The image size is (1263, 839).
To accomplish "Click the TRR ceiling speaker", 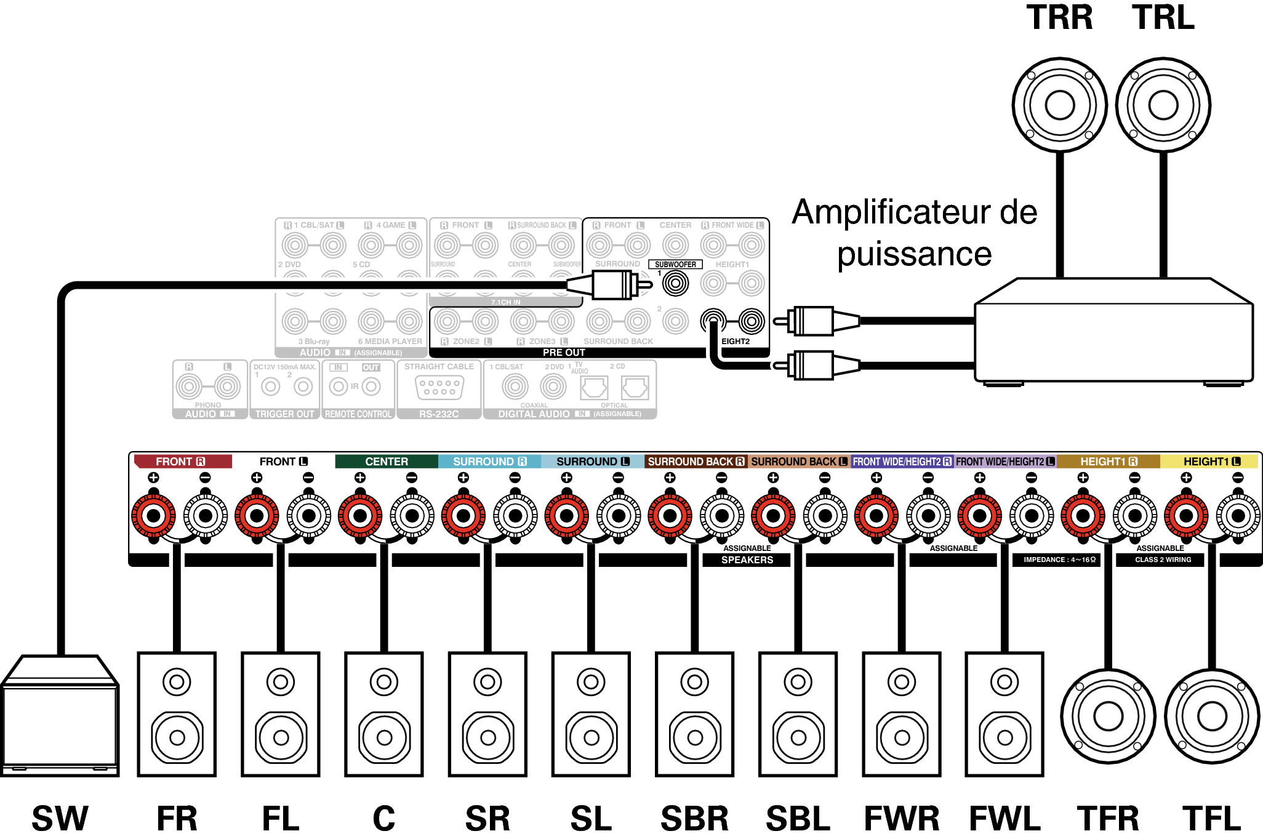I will tap(1059, 105).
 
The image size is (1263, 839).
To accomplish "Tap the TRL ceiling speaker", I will tap(1163, 105).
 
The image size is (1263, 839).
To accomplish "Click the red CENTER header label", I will tap(386, 462).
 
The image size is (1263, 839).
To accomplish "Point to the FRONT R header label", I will tap(182, 462).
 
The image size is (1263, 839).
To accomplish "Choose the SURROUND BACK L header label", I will tap(799, 462).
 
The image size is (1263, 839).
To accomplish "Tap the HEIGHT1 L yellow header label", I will tap(1211, 462).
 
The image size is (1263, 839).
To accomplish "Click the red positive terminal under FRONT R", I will tap(153, 516).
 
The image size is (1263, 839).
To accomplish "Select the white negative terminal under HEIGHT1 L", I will tap(1238, 516).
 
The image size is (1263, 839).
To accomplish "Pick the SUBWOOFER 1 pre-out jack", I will tap(675, 284).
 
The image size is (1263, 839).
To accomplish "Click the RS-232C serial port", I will tap(439, 388).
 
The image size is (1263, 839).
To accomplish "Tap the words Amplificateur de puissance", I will tap(915, 233).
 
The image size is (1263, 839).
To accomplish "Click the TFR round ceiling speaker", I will tap(1108, 716).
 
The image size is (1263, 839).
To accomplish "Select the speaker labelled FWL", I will tap(1004, 714).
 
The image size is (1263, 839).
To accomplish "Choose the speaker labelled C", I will tap(384, 714).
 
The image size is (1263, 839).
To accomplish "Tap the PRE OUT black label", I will tap(564, 353).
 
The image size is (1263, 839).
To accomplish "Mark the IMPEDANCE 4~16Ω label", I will tap(1059, 560).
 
